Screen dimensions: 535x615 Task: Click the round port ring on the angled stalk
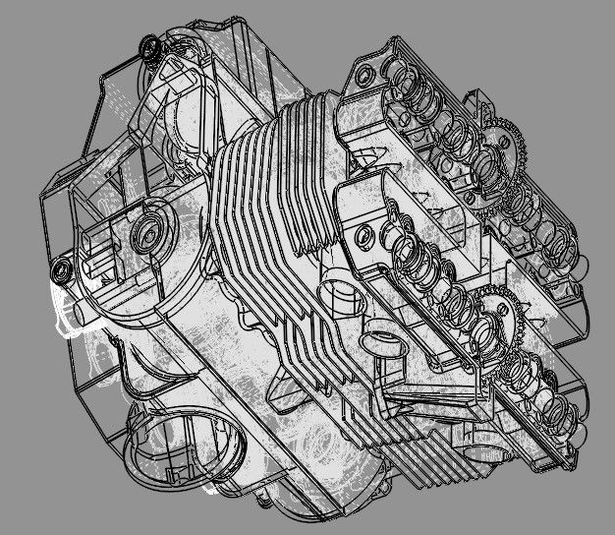[x=379, y=344]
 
